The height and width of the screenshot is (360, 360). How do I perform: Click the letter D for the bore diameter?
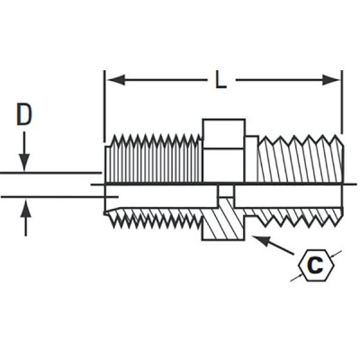click(25, 114)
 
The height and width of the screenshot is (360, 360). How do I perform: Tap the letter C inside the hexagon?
click(314, 265)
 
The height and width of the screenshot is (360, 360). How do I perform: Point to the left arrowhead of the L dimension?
click(112, 80)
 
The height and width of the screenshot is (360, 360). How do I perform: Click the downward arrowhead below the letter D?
click(25, 164)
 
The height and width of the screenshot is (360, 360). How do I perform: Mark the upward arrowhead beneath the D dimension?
click(25, 208)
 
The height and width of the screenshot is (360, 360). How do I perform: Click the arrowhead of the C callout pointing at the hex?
click(258, 238)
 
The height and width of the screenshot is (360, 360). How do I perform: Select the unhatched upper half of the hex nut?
click(222, 148)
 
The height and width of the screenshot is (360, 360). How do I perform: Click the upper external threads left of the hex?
click(153, 157)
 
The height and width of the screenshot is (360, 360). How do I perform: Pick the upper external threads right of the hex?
click(297, 158)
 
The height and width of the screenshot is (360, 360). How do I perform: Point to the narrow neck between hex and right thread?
click(251, 157)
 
